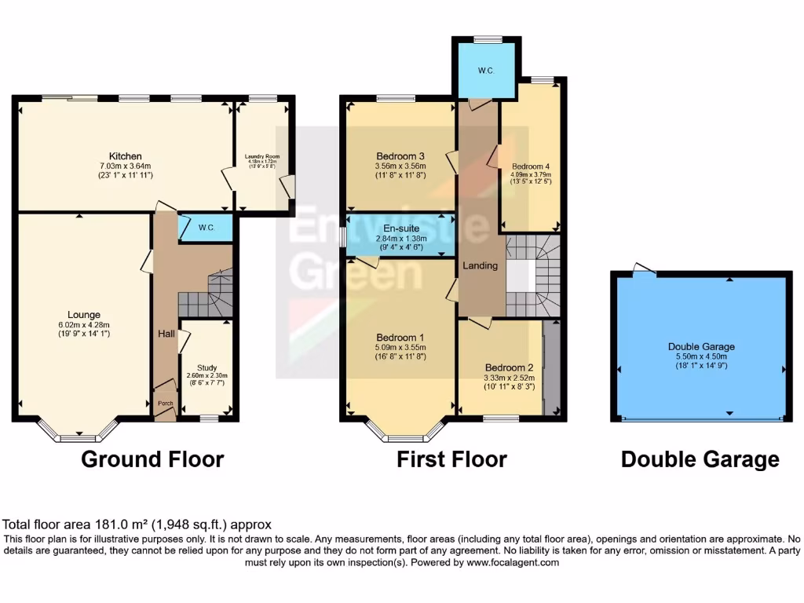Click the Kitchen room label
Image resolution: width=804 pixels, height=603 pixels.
[x=125, y=155]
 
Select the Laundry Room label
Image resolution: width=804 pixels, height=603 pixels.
[x=262, y=156]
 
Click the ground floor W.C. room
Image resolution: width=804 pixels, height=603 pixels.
[x=206, y=228]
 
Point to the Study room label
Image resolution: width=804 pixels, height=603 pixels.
[x=206, y=367]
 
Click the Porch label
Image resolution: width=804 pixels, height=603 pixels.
[x=166, y=404]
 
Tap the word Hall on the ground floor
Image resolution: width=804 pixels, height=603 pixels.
[x=166, y=334]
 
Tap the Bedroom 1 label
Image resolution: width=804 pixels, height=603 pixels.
[x=400, y=342]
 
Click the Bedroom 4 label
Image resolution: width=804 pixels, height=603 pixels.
[x=531, y=166]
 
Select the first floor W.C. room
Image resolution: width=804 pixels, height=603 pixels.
[x=486, y=71]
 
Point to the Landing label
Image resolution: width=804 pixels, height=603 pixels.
[x=481, y=265]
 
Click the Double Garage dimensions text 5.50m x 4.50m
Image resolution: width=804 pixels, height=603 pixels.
[x=701, y=356]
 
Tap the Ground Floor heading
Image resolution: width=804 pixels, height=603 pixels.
[x=152, y=459]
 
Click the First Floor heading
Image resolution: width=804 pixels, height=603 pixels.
[x=451, y=459]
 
